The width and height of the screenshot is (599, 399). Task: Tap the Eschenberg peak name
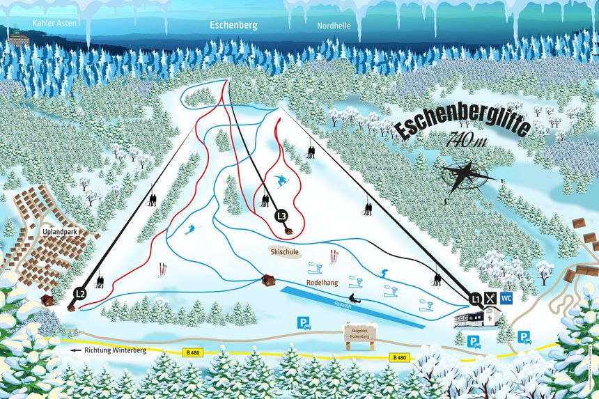click(x=234, y=25)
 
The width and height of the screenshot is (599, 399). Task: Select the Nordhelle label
click(x=334, y=25)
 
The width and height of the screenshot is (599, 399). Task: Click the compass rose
click(x=464, y=175)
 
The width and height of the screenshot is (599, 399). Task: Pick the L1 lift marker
click(x=476, y=299)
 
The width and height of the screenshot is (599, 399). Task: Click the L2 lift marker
click(x=80, y=294)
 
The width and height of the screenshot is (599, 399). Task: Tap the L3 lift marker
click(x=281, y=216)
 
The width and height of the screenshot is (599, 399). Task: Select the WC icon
click(x=506, y=299)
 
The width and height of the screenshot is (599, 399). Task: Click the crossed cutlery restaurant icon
click(x=492, y=299)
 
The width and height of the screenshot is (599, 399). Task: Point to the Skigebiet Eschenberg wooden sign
click(x=359, y=336)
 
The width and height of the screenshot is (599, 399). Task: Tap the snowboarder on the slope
click(x=281, y=181)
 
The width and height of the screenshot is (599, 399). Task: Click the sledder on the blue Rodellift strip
click(x=353, y=299)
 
